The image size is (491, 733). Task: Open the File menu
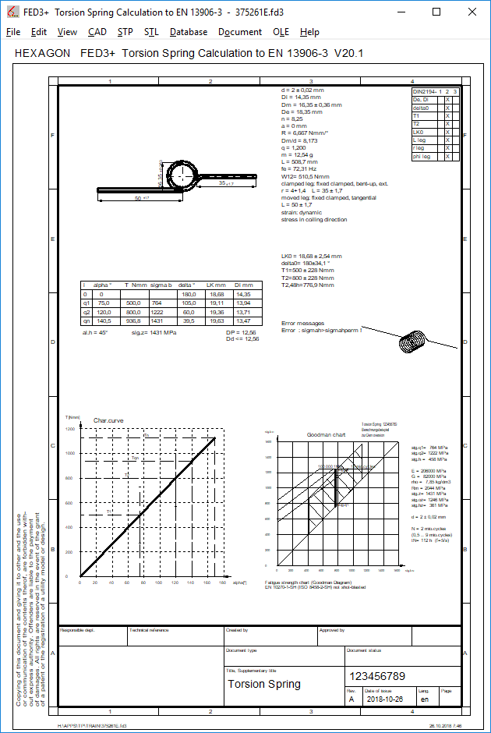[13, 32]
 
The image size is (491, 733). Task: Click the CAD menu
[97, 32]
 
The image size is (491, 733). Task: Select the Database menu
[189, 32]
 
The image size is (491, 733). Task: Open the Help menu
[309, 32]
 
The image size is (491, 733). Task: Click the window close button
[472, 12]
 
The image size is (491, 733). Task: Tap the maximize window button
[436, 12]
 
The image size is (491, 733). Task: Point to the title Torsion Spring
[263, 684]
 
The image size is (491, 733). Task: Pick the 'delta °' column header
[187, 285]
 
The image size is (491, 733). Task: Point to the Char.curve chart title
[108, 420]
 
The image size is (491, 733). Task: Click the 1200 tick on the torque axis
[71, 429]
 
